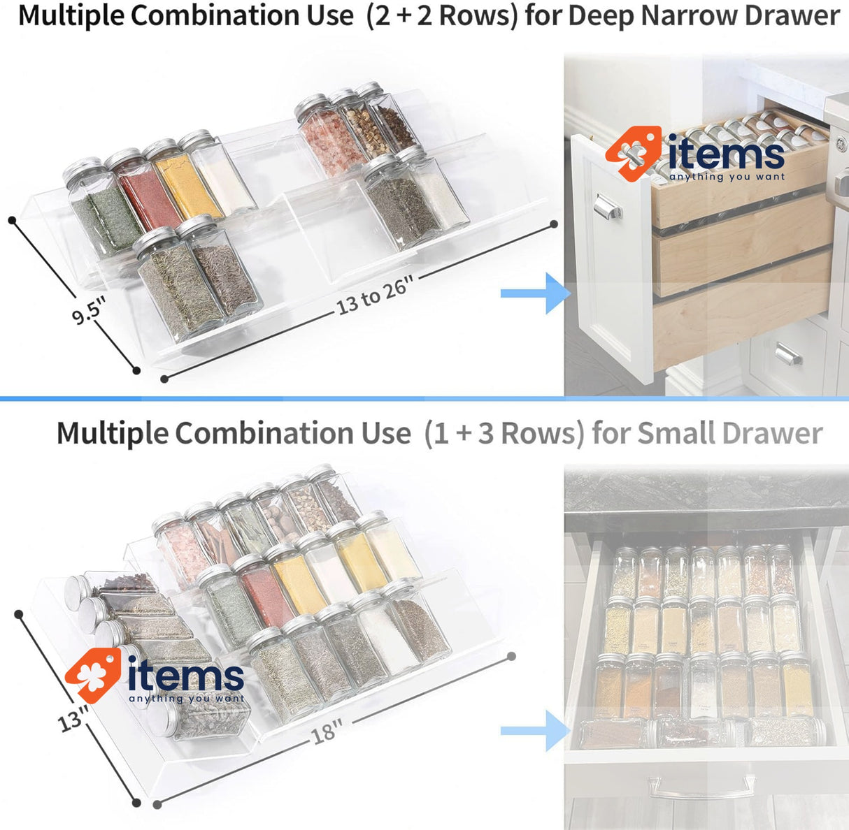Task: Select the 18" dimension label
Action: coord(325,731)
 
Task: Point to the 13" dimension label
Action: coord(73,718)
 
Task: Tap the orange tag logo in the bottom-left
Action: coord(92,674)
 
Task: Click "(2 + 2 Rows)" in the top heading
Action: coord(442,15)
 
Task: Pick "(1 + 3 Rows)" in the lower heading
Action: coord(504,433)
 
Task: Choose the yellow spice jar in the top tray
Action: coord(178,182)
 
